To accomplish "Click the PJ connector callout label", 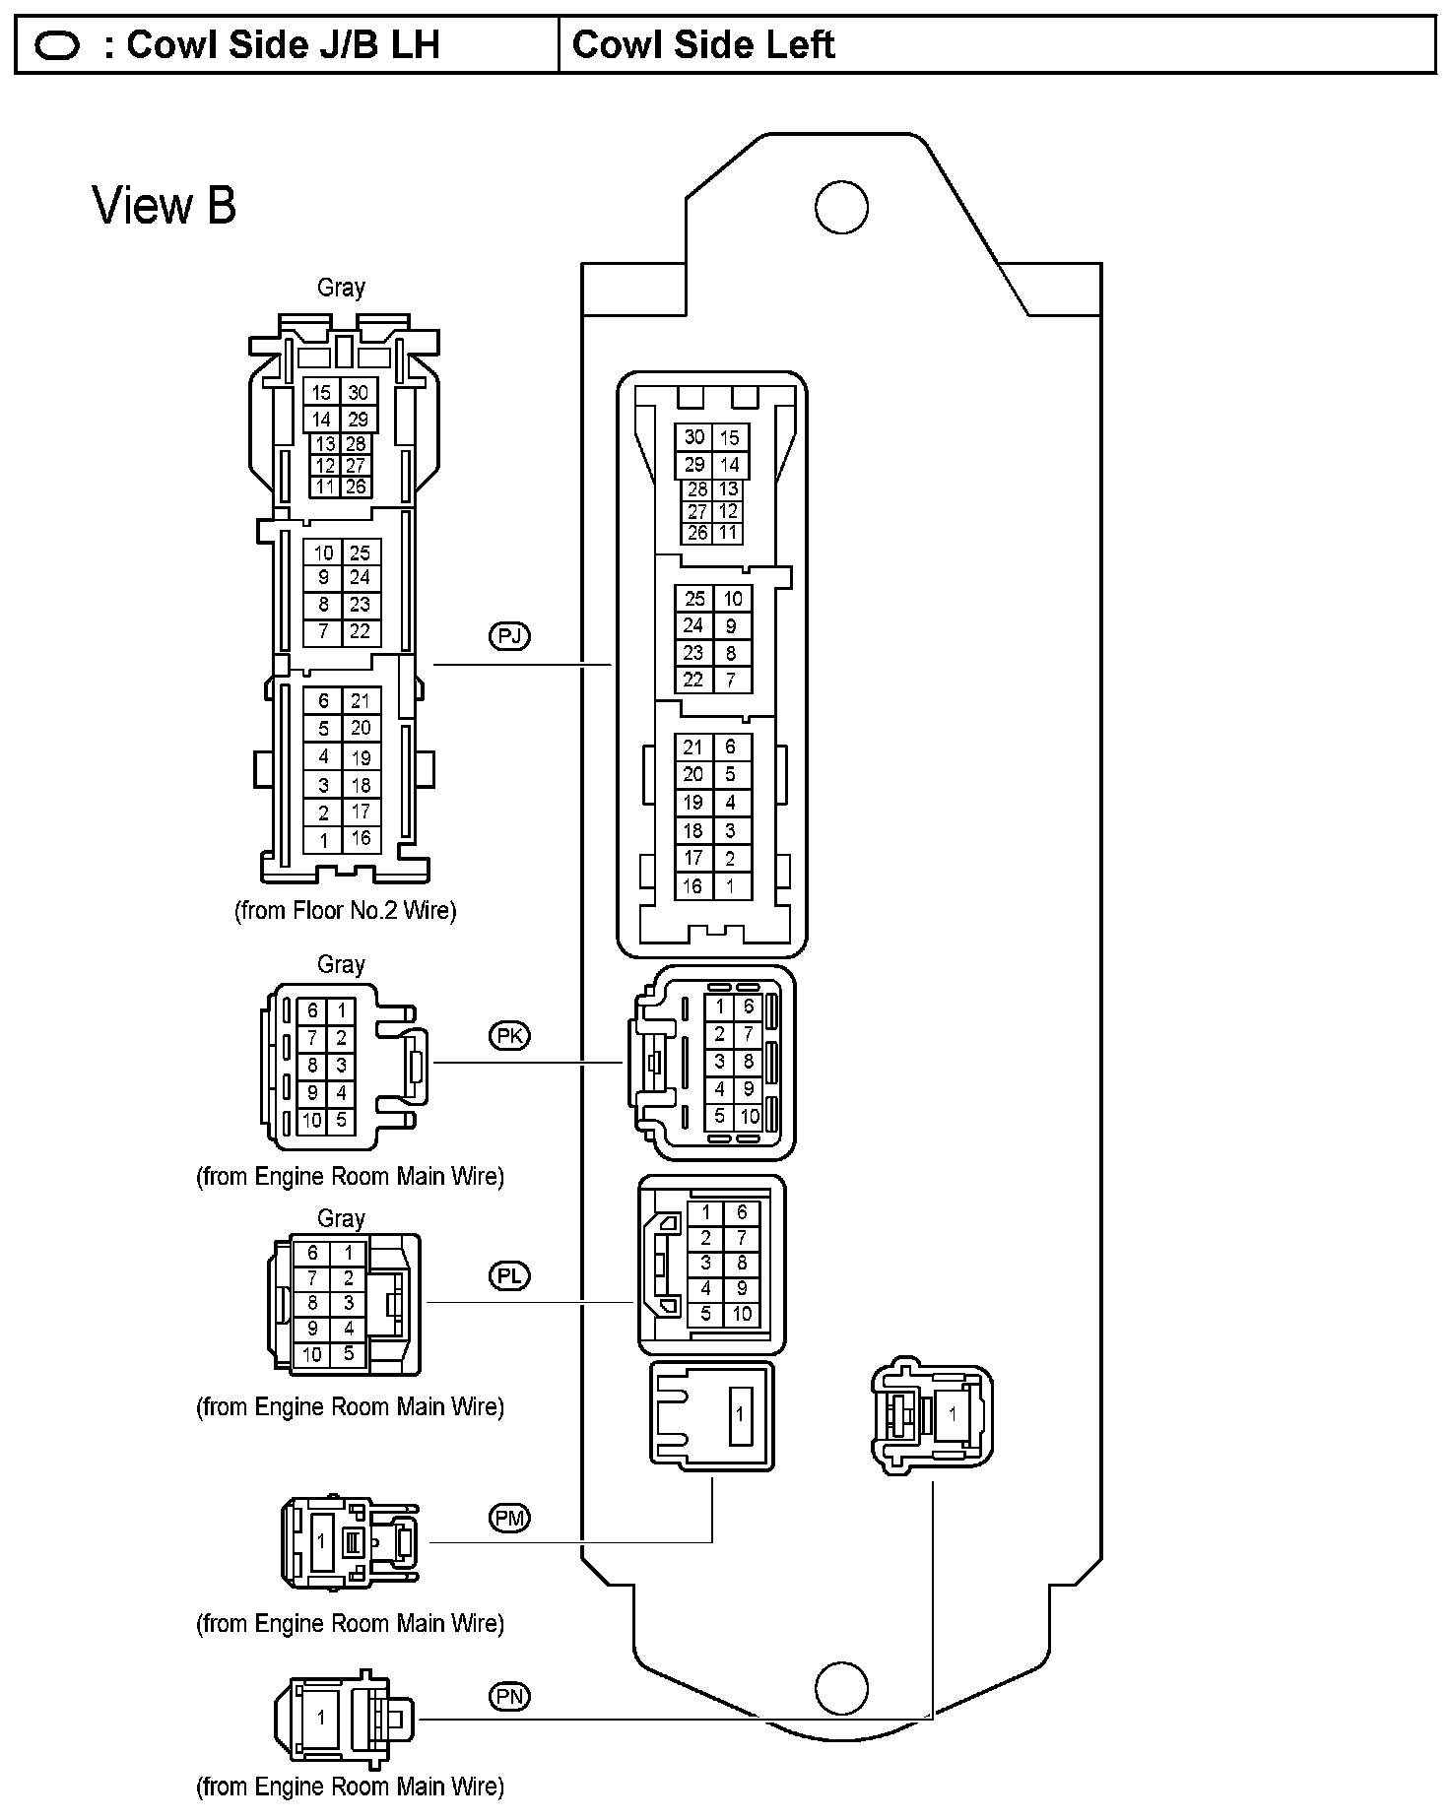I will [x=509, y=635].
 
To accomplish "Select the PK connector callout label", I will [x=509, y=1035].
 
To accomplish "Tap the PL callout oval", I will [x=509, y=1275].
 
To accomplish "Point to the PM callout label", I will [x=509, y=1518].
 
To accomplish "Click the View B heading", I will [x=165, y=206].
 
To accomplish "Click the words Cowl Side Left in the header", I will [x=703, y=45].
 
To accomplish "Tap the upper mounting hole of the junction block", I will [x=841, y=208].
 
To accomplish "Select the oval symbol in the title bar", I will [x=57, y=46].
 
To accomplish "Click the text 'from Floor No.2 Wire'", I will [x=346, y=910].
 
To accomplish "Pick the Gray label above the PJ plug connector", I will [x=341, y=288].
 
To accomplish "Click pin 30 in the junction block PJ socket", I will [x=694, y=437].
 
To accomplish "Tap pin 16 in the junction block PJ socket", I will [x=693, y=886].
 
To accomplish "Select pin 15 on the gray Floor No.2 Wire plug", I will [x=321, y=393].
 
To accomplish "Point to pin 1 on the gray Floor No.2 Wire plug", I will [x=323, y=841].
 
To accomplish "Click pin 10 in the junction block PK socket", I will [x=749, y=1117].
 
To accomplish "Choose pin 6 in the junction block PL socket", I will [x=742, y=1213].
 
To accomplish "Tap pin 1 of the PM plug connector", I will [x=320, y=1541].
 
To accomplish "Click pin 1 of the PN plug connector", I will [x=320, y=1717].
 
